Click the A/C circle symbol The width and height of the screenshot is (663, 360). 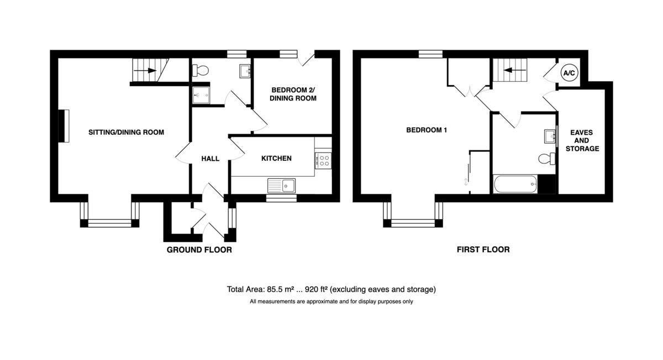click(569, 73)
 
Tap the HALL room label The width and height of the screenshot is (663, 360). click(210, 159)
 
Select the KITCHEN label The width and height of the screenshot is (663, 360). click(276, 158)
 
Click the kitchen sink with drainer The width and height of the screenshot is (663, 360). click(281, 186)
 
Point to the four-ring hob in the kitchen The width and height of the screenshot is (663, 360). click(323, 161)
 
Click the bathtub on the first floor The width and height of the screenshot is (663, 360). click(515, 184)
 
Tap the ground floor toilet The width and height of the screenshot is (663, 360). click(201, 71)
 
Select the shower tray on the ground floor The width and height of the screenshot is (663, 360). click(201, 96)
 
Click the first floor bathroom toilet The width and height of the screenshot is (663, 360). click(546, 158)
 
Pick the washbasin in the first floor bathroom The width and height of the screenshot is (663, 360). click(550, 136)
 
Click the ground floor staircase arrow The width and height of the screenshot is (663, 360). click(145, 71)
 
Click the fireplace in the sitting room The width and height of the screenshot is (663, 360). click(64, 126)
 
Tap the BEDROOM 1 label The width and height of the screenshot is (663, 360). click(427, 130)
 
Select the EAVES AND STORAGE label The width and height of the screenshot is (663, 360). click(582, 140)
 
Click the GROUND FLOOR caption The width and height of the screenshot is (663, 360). click(199, 250)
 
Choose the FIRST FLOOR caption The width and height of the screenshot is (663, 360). click(483, 250)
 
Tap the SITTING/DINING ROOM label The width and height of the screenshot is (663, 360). click(126, 132)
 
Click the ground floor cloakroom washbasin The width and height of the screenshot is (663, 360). click(245, 71)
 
